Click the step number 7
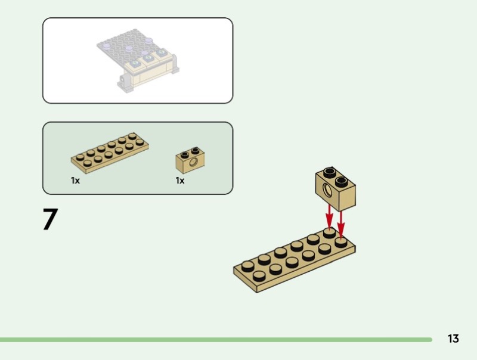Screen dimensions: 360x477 50,219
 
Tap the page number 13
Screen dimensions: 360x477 453,339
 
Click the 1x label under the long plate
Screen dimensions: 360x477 75,180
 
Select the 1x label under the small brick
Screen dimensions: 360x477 180,180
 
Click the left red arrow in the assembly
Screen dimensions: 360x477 329,215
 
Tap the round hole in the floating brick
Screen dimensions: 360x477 327,191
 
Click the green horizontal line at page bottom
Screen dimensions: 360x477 215,340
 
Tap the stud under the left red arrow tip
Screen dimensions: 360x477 329,233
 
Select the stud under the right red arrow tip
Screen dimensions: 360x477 341,242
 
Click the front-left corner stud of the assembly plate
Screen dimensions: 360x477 259,275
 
